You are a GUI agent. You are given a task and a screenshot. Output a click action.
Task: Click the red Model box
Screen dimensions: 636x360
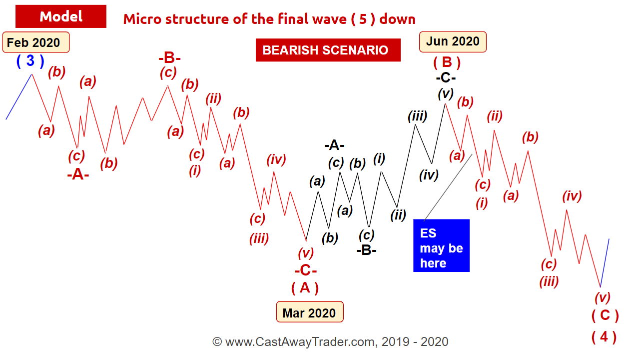coord(61,16)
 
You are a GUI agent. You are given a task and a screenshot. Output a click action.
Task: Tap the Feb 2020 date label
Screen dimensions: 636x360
coord(36,42)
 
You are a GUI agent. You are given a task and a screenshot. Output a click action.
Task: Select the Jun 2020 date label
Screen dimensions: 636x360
coord(453,41)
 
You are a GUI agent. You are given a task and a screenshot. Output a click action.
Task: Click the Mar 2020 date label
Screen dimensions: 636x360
coord(309,312)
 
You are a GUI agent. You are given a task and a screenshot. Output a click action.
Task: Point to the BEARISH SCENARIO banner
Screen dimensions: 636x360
coord(328,50)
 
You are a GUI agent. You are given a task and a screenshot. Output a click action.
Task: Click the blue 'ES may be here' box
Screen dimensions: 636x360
coord(441,245)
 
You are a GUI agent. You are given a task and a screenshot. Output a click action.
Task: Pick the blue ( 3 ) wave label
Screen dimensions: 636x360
coord(30,61)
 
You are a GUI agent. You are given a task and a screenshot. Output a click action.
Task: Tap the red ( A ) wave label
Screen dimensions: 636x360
coord(305,288)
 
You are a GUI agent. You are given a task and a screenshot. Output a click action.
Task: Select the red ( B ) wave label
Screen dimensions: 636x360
coord(447,62)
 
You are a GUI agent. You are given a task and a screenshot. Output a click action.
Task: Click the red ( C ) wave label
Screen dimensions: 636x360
coord(605,315)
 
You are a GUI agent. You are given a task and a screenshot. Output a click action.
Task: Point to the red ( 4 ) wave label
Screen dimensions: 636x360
coord(604,337)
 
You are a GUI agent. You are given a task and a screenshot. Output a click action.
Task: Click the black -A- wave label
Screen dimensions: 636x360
coord(334,145)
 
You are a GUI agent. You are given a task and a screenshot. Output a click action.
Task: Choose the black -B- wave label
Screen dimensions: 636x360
coord(367,250)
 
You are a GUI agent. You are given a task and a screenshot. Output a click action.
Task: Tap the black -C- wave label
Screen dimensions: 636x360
coord(446,77)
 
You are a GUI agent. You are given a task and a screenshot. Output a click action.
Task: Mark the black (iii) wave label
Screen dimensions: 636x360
coord(417,116)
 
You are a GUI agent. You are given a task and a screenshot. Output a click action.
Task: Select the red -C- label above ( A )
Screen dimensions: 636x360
coord(306,270)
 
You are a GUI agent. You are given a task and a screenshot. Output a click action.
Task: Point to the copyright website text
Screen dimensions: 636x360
coord(330,341)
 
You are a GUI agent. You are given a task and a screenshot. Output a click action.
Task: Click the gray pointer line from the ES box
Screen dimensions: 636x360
coord(448,187)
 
